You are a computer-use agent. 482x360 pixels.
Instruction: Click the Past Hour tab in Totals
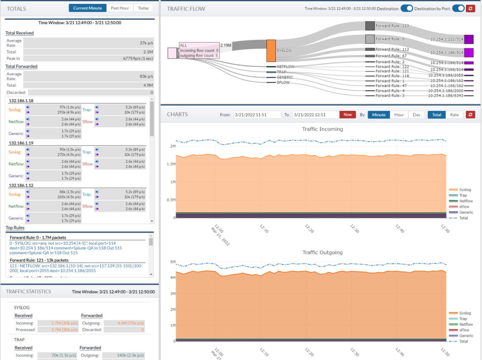point(120,8)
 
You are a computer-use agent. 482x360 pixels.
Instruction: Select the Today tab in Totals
point(144,8)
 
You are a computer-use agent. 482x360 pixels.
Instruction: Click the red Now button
point(347,114)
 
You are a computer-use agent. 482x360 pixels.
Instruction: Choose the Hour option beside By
point(399,114)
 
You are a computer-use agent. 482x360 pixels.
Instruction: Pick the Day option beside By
point(417,114)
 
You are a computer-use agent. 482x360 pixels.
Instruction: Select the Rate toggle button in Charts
point(454,114)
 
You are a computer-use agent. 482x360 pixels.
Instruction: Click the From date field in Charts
point(257,114)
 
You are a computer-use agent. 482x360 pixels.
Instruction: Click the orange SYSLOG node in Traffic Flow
point(271,51)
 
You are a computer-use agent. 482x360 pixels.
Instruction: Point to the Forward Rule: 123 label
point(393,26)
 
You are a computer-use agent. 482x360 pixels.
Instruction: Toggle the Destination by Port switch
point(458,8)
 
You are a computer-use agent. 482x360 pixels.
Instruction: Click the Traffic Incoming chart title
point(322,128)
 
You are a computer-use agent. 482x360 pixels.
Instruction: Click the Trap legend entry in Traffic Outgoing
point(463,319)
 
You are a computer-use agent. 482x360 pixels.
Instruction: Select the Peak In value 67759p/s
point(139,58)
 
